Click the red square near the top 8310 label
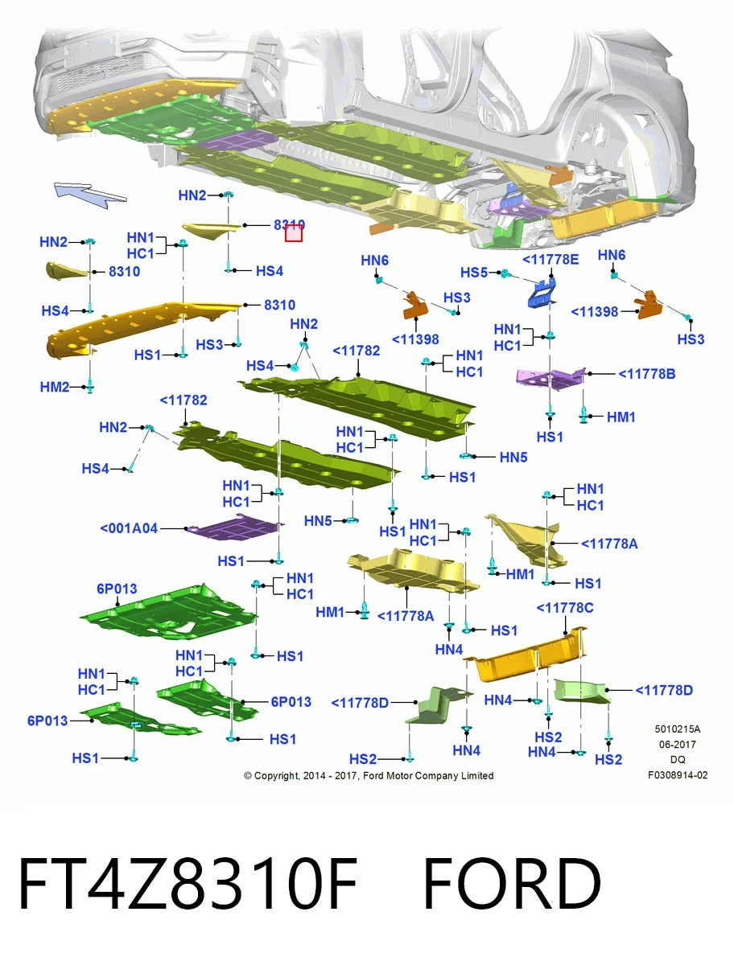click(293, 233)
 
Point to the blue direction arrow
click(90, 195)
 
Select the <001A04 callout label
click(129, 528)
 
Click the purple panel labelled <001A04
click(235, 527)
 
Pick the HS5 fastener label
click(474, 273)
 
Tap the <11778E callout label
click(550, 260)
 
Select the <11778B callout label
click(646, 374)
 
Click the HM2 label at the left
click(55, 388)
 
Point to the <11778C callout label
click(565, 608)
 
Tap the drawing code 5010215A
click(678, 729)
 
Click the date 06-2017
click(678, 745)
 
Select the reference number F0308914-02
click(678, 775)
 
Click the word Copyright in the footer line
click(277, 776)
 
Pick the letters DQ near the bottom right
click(678, 760)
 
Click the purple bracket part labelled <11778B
click(550, 378)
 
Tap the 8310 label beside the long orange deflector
click(279, 305)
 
